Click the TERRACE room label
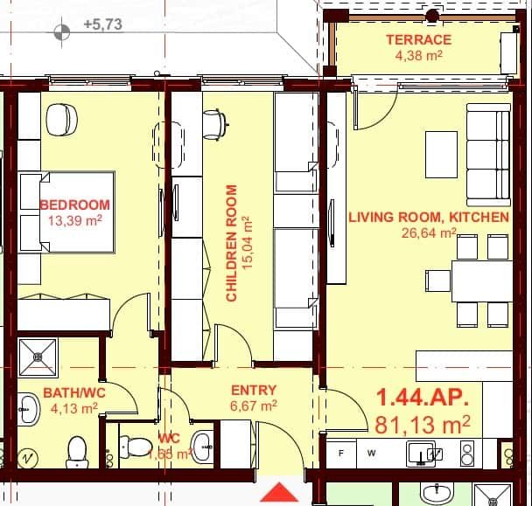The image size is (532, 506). (x=418, y=39)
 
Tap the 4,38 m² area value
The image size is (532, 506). (x=418, y=56)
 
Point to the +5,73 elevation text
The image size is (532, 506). (x=102, y=24)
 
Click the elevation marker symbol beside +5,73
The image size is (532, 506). (x=61, y=33)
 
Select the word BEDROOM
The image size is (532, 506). (x=76, y=205)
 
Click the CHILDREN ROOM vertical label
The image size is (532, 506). (x=232, y=243)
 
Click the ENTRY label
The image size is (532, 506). (x=253, y=390)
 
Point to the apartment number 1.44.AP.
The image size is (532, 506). (x=423, y=398)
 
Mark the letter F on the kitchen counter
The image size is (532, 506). (x=342, y=453)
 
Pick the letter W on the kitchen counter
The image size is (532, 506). (x=371, y=453)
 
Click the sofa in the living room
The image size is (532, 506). (x=487, y=155)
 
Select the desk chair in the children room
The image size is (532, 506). (x=214, y=123)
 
